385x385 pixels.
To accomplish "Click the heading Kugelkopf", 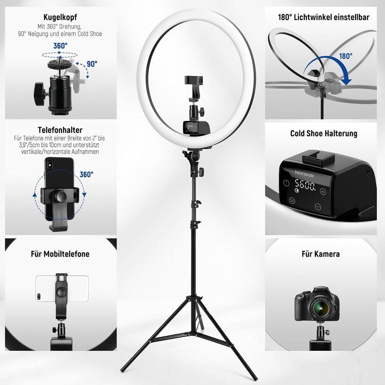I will point(59,17).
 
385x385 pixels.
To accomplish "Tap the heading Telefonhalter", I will point(59,130).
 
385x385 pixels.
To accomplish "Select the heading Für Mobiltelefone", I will point(60,254).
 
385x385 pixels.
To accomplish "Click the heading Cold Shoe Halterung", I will point(324,134).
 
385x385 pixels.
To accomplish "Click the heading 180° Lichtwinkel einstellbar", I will point(324,17).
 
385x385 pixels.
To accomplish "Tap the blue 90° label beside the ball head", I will point(92,64).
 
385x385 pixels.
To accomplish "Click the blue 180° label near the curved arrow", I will point(345,56).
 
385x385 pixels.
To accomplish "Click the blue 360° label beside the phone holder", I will point(86,174).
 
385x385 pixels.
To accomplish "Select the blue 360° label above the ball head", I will point(60,47).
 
